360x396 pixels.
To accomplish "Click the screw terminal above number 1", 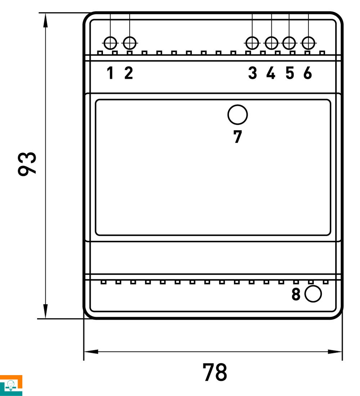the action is pos(111,43).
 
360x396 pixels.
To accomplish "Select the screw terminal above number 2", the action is pos(130,43).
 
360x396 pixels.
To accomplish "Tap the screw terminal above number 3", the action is pos(252,43).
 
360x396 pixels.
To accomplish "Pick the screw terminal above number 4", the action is pos(271,43).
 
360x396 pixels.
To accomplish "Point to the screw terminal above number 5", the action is pos(289,43).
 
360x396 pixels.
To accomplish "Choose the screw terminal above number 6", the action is pos(309,43).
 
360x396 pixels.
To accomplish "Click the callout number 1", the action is pos(110,73).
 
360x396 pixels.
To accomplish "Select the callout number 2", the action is pos(129,73).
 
